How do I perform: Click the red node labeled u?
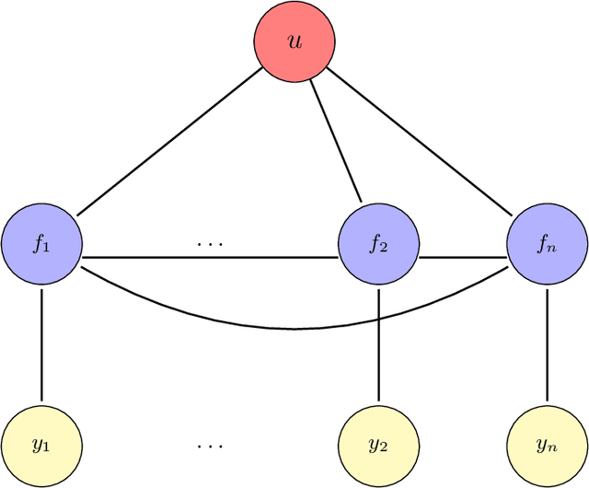point(294,41)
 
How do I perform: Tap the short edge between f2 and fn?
point(462,257)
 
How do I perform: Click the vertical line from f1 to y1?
point(41,345)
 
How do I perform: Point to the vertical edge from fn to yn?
point(547,345)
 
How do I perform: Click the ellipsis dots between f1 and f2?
point(210,245)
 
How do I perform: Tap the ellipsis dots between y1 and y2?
point(210,447)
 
